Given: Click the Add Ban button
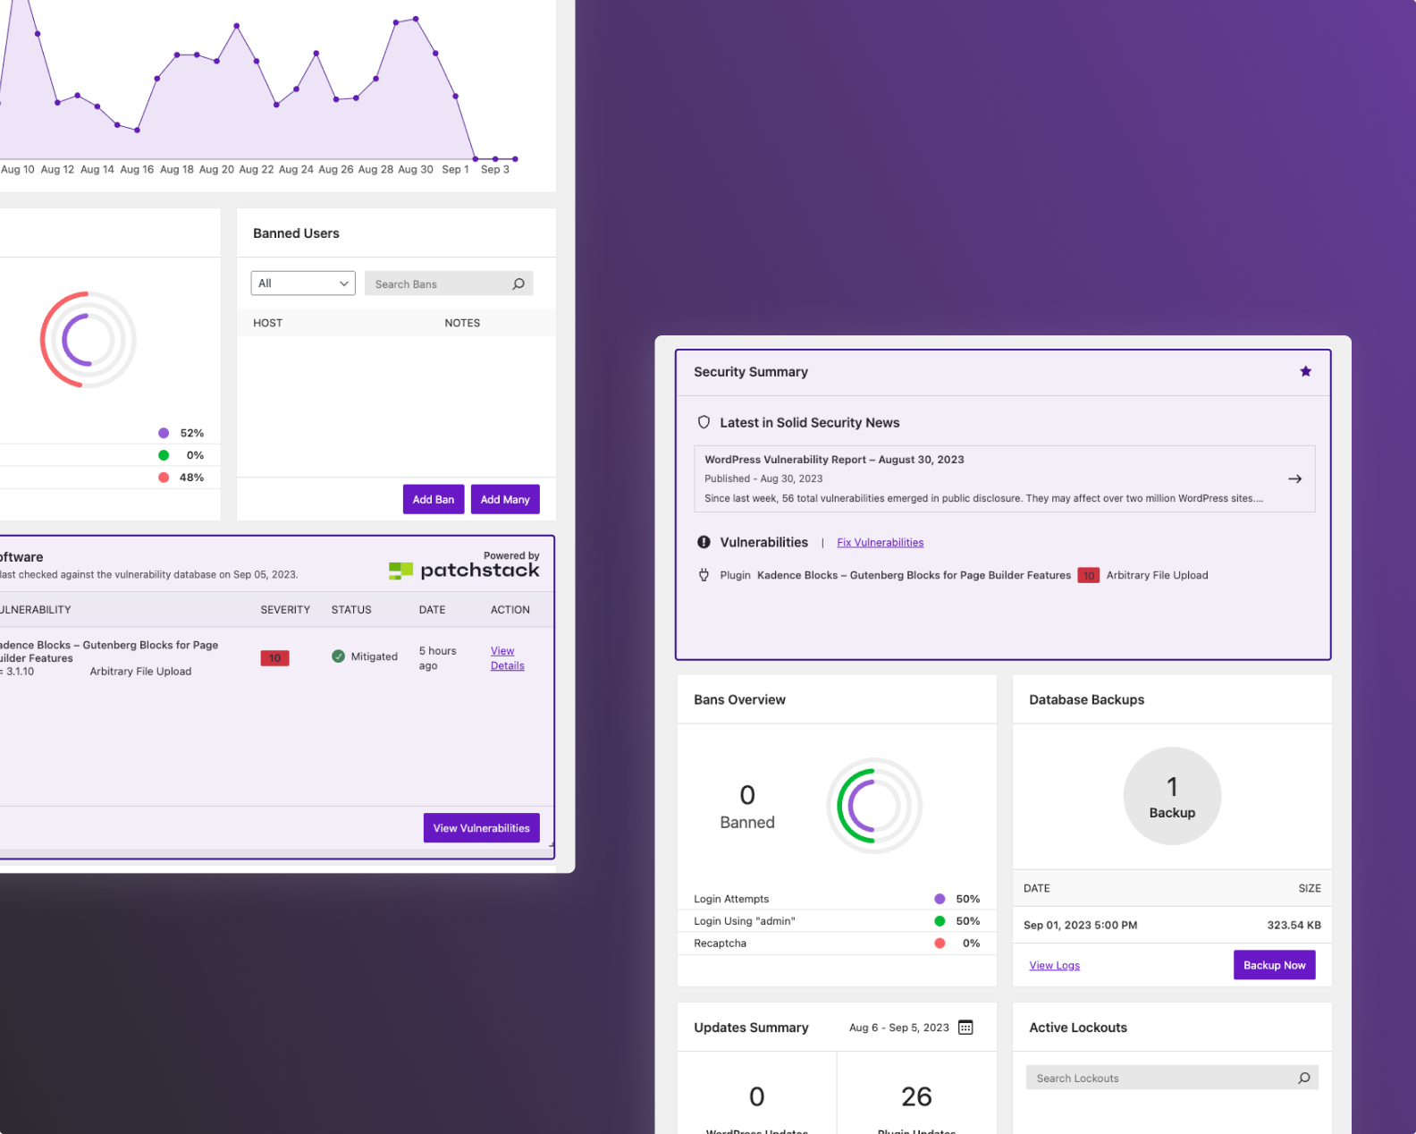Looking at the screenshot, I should (x=434, y=499).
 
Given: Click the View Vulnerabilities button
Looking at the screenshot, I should (x=481, y=828).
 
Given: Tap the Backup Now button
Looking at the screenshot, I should (x=1274, y=965).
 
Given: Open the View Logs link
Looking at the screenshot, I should (x=1054, y=966).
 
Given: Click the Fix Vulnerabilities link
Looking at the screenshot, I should (x=880, y=543).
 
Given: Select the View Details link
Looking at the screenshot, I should (x=507, y=658).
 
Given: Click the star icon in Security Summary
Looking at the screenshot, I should (x=1305, y=371).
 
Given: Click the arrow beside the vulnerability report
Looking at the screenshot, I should (x=1294, y=479).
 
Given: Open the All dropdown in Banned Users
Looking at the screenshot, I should (x=303, y=283).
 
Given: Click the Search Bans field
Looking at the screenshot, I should (x=438, y=284).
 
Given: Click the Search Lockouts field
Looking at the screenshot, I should (x=1162, y=1079).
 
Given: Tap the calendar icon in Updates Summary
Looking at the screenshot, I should (x=965, y=1028).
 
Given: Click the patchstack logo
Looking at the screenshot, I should (x=464, y=570).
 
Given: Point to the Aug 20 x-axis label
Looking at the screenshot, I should (x=216, y=170).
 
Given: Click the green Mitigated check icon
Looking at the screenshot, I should (x=338, y=656).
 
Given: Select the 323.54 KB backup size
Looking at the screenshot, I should (x=1294, y=926).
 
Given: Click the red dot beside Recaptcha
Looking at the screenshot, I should (x=940, y=944).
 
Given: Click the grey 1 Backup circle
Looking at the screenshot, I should (x=1172, y=796).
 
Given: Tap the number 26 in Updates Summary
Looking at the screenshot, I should (x=916, y=1096).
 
